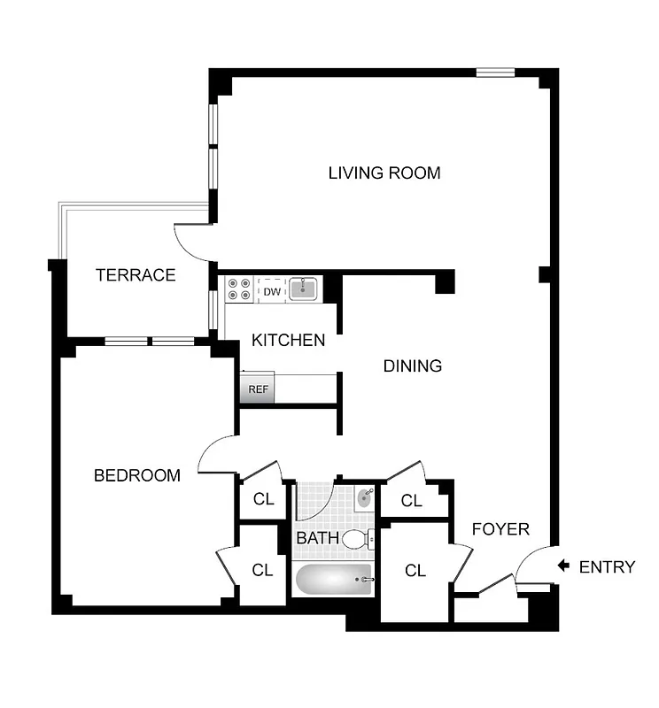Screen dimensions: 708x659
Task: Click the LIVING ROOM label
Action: click(x=384, y=173)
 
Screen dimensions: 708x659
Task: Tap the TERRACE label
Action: click(x=136, y=274)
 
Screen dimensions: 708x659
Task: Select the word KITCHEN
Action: click(x=288, y=340)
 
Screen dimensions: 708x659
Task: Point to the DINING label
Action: click(x=412, y=366)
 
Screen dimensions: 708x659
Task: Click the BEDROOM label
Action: click(x=137, y=475)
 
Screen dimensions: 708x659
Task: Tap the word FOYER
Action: click(x=500, y=529)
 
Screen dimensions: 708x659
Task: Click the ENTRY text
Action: click(x=607, y=567)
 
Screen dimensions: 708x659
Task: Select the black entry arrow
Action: click(x=562, y=566)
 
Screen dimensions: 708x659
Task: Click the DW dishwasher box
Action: click(x=271, y=290)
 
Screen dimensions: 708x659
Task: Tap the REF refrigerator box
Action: click(x=258, y=389)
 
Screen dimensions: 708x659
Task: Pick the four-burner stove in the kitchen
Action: click(x=239, y=289)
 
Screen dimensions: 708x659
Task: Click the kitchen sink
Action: click(x=304, y=289)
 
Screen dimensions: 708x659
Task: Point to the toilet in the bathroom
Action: click(x=358, y=538)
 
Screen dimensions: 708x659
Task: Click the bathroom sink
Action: click(x=364, y=499)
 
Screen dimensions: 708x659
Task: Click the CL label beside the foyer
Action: click(x=415, y=571)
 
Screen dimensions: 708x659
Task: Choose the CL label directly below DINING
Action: click(x=411, y=501)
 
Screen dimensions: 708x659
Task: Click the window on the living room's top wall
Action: click(x=494, y=73)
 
